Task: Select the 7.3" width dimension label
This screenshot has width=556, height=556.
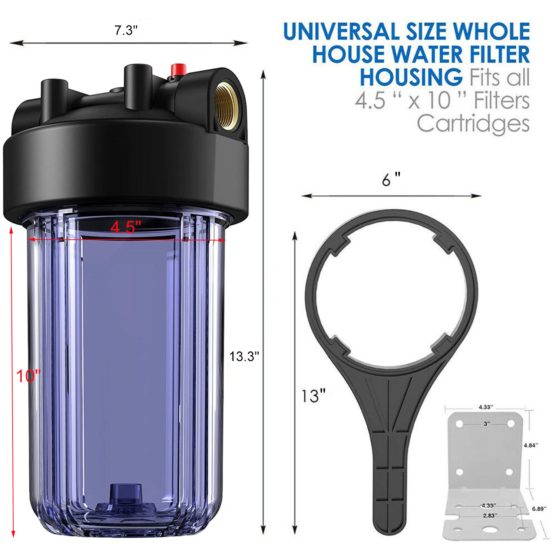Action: pyautogui.click(x=126, y=30)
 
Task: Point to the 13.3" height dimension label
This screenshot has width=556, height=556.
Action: pyautogui.click(x=244, y=356)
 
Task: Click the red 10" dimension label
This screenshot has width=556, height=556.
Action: pyautogui.click(x=28, y=376)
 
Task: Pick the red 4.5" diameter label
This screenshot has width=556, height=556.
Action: pyautogui.click(x=126, y=227)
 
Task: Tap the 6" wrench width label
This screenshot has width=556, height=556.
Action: pyautogui.click(x=391, y=180)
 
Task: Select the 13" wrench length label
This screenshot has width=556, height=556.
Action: pyautogui.click(x=313, y=396)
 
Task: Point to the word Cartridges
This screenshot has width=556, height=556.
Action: pyautogui.click(x=473, y=124)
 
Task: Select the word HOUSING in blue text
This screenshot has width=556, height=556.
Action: pyautogui.click(x=411, y=77)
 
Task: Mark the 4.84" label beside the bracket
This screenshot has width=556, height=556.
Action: pyautogui.click(x=530, y=445)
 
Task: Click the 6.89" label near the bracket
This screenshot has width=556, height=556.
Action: pyautogui.click(x=539, y=509)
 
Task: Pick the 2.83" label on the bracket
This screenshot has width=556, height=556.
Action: pyautogui.click(x=490, y=515)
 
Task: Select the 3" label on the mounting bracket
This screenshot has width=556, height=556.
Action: pyautogui.click(x=486, y=423)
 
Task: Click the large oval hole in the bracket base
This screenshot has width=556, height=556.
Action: pyautogui.click(x=490, y=530)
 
